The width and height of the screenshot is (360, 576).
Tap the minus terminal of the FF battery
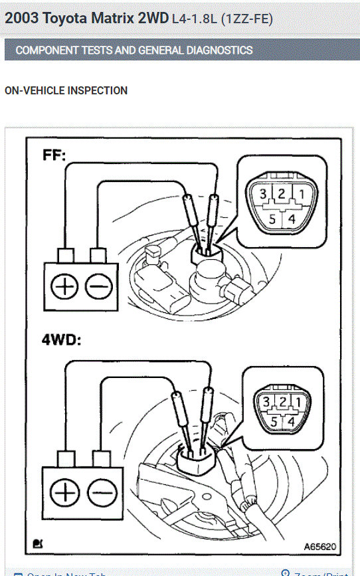click(98, 286)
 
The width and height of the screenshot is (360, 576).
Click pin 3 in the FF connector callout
click(264, 194)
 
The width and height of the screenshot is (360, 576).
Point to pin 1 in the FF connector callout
click(302, 194)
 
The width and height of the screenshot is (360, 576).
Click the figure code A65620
click(319, 546)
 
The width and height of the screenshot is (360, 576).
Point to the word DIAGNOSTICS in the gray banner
click(215, 50)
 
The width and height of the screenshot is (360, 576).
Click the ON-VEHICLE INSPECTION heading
click(66, 90)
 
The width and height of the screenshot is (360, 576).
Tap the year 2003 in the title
click(21, 18)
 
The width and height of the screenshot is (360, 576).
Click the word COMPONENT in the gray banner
click(45, 50)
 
